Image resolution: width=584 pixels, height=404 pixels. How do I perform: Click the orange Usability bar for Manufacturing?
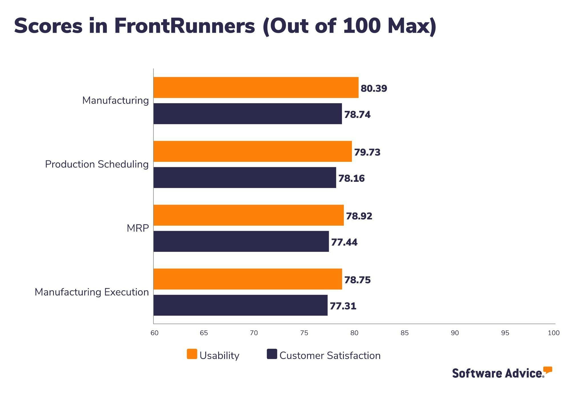[256, 87]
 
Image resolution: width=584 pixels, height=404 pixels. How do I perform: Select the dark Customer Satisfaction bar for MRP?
[241, 241]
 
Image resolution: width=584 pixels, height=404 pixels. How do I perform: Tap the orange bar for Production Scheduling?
[252, 151]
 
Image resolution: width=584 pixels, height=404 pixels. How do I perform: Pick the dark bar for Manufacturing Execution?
[240, 305]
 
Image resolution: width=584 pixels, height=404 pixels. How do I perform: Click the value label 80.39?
[374, 88]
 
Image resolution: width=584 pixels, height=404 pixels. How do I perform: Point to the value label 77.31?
[343, 306]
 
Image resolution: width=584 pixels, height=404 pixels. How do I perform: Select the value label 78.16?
[351, 178]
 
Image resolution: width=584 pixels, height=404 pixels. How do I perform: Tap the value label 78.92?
[359, 216]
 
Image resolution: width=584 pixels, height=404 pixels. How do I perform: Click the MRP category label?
[138, 228]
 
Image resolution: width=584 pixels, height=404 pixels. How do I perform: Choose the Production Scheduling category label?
[97, 164]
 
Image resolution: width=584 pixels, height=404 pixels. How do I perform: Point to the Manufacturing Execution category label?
[92, 292]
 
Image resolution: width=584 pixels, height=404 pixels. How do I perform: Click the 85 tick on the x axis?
[404, 333]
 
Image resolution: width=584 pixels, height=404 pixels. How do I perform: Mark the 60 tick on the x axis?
[155, 333]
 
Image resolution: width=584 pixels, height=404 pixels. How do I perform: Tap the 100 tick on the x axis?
[553, 333]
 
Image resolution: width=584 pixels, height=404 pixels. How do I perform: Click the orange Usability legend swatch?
[192, 354]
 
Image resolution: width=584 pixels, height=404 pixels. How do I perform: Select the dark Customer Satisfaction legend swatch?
[272, 354]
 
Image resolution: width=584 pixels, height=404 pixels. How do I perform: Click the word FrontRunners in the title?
[184, 26]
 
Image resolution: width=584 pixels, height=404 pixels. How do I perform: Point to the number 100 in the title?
[362, 26]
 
